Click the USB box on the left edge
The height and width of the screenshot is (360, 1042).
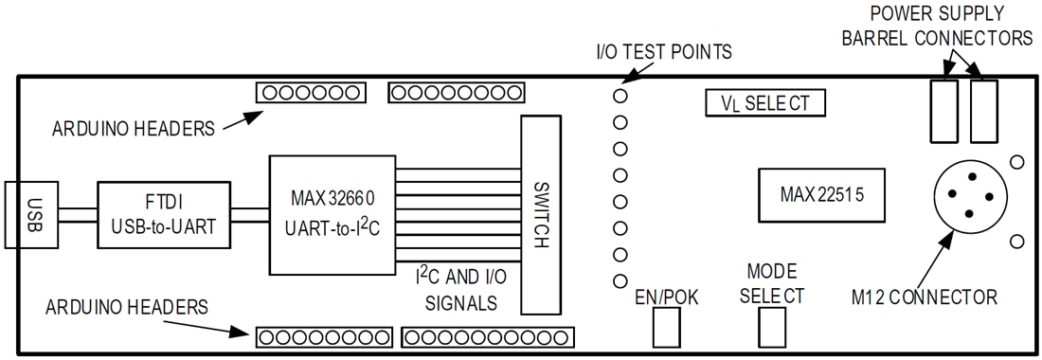pyautogui.click(x=30, y=214)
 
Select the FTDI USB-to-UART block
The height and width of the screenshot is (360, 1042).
pyautogui.click(x=162, y=214)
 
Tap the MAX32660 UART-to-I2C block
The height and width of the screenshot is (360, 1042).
pyautogui.click(x=332, y=214)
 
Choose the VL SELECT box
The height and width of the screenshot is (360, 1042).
pyautogui.click(x=766, y=103)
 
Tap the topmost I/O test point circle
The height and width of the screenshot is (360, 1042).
pyautogui.click(x=620, y=96)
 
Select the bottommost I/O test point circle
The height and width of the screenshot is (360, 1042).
pyautogui.click(x=620, y=280)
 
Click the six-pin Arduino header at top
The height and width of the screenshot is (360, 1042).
pyautogui.click(x=310, y=93)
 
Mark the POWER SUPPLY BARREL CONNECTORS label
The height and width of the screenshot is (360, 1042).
pyautogui.click(x=951, y=27)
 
